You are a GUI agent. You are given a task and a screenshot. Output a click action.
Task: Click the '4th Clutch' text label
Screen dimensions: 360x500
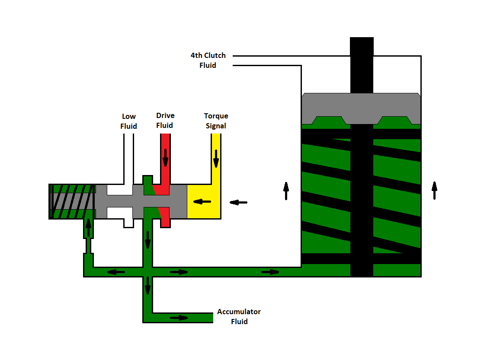[x=208, y=56]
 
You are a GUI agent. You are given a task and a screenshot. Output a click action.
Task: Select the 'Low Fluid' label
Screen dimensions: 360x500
[x=129, y=121]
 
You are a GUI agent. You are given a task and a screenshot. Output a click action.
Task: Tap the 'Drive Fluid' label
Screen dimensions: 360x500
[x=165, y=121]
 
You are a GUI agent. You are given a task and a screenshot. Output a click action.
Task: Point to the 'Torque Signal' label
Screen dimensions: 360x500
[x=216, y=121]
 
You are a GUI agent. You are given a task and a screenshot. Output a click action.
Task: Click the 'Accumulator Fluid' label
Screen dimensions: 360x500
[x=239, y=316]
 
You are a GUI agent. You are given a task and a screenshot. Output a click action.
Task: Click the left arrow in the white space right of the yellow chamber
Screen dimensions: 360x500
[x=238, y=202]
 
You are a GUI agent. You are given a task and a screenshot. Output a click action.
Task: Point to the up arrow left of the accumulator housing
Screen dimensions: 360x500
[x=286, y=191]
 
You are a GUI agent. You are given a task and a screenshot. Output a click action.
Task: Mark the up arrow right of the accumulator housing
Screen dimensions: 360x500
[x=434, y=190]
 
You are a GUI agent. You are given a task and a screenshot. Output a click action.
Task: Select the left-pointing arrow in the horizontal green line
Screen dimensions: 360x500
[x=116, y=272]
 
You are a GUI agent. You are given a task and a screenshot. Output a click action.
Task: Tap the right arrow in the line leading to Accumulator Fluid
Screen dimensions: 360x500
[x=179, y=318]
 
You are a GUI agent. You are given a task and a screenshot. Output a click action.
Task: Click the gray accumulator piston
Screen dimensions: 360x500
[x=361, y=108]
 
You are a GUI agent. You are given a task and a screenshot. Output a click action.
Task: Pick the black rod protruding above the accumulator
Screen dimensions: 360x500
[x=362, y=65]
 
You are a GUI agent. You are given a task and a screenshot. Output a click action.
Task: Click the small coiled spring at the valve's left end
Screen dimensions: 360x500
[x=72, y=201]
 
